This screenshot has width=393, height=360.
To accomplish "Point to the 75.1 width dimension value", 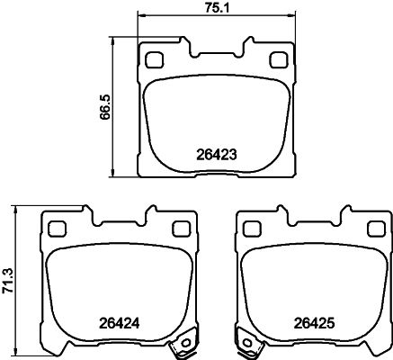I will (215, 8).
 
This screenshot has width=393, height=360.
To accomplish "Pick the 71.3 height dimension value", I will (9, 279).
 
